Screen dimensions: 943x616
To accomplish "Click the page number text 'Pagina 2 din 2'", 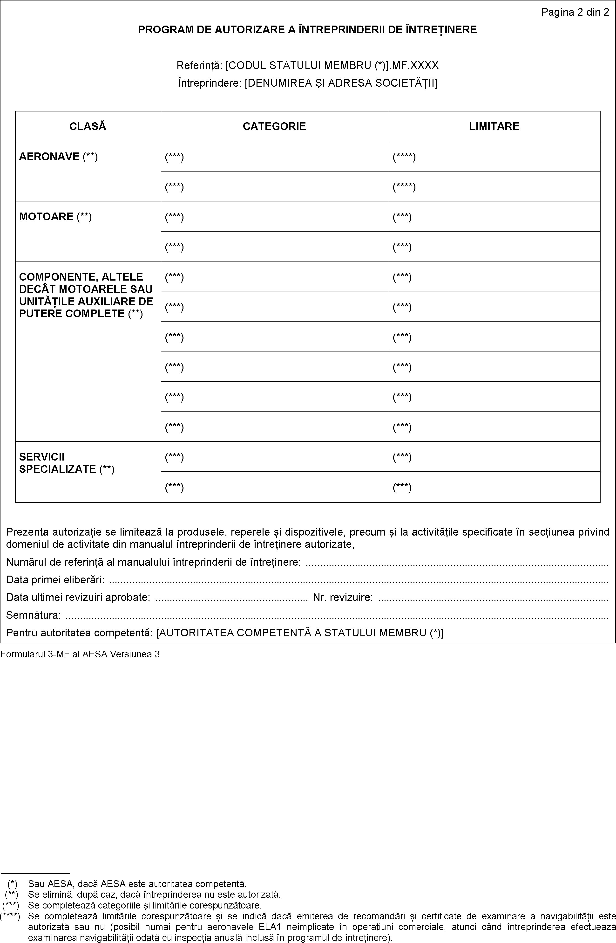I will click(x=575, y=12).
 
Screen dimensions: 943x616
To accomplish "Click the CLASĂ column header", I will click(x=88, y=126).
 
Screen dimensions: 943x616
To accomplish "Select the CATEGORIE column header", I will click(x=274, y=126).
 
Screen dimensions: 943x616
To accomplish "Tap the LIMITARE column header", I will click(x=494, y=126).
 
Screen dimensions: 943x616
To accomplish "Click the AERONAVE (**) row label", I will click(x=58, y=157).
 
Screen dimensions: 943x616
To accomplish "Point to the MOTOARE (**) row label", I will click(x=55, y=217).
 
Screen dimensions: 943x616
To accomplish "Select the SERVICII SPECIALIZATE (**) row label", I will click(x=67, y=463).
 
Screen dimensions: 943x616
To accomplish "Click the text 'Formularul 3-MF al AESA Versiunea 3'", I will click(x=80, y=654).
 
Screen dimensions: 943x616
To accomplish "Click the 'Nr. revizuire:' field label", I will click(x=342, y=597).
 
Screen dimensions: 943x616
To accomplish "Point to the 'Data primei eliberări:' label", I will click(x=55, y=580).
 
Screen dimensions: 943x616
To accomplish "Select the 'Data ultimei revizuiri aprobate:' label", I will click(x=78, y=597).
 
